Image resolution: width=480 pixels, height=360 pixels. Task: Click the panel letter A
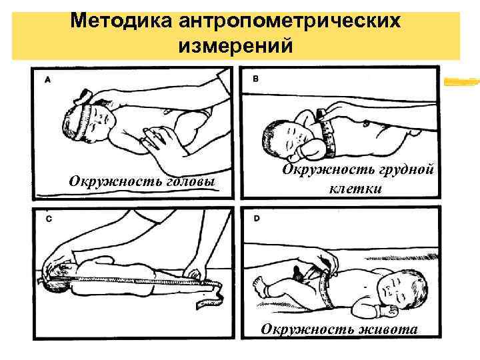click(47, 79)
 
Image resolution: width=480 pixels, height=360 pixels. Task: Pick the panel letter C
click(47, 218)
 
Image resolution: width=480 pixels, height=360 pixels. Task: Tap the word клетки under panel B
click(355, 189)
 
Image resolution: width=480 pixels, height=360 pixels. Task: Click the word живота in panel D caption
click(386, 329)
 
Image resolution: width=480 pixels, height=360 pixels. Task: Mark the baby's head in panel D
click(401, 293)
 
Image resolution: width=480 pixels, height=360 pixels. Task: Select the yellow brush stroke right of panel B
click(462, 82)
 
